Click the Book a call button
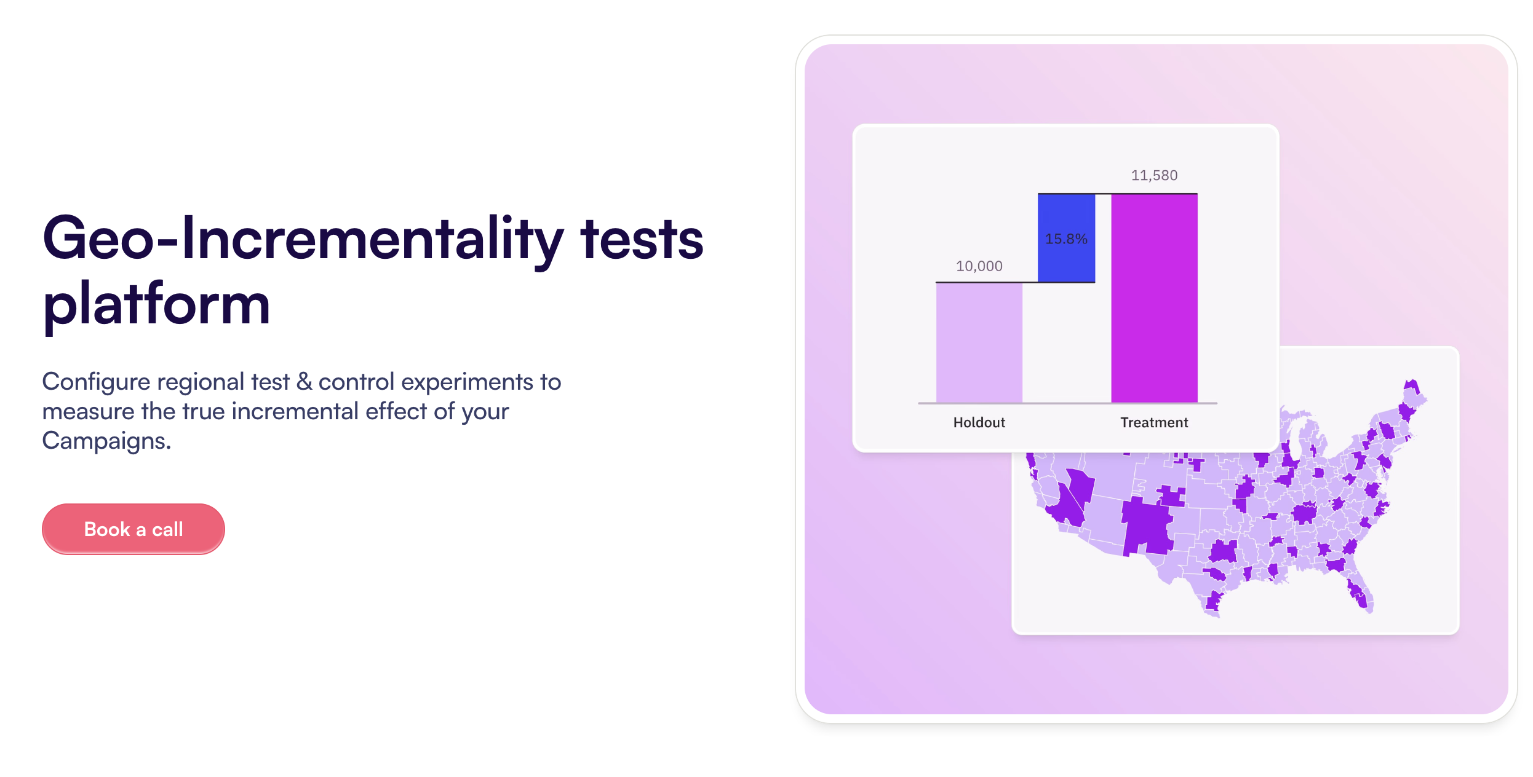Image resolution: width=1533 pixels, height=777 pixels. (133, 529)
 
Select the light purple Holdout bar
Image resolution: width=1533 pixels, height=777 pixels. (979, 342)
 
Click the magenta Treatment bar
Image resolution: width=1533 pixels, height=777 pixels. (1154, 299)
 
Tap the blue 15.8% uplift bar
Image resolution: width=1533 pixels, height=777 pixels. (1066, 238)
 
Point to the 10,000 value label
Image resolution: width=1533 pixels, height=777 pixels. (979, 266)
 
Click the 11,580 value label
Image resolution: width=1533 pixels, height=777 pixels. (1154, 175)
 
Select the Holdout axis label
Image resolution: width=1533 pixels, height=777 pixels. (979, 422)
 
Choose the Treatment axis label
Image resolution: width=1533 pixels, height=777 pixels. (1154, 422)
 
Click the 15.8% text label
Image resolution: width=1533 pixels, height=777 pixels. (1066, 239)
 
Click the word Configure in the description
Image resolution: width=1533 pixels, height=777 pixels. (97, 382)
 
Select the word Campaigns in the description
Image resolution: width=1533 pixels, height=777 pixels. (106, 441)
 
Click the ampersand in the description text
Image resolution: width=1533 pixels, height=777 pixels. (304, 382)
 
